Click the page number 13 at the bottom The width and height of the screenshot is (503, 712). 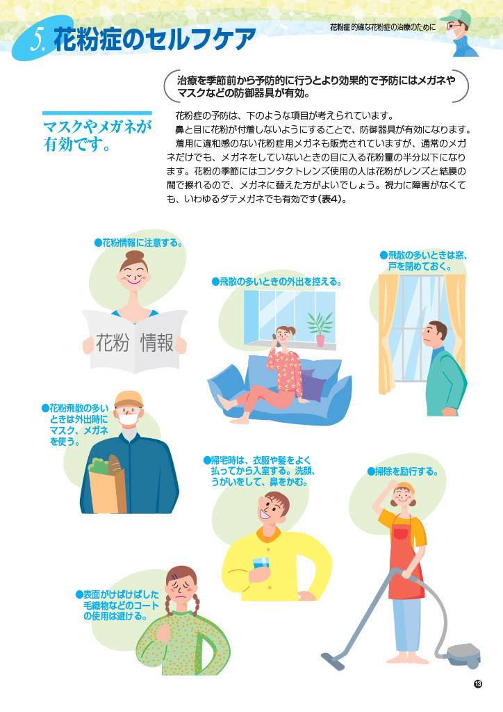point(477,683)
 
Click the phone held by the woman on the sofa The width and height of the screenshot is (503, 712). point(274,339)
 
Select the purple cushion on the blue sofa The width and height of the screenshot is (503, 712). point(312,385)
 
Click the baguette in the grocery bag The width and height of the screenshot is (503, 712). point(115,465)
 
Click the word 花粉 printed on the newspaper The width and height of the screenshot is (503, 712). point(113,342)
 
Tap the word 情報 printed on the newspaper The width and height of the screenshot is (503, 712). point(157,342)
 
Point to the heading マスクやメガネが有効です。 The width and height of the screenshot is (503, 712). point(97,135)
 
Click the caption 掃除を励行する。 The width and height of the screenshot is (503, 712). point(403,471)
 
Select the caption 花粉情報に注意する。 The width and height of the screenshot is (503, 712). point(139,243)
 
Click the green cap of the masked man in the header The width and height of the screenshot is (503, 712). point(454,17)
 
